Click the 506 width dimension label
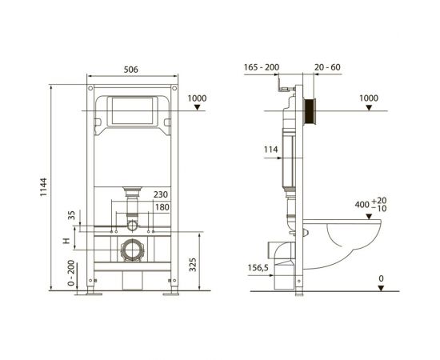pyautogui.click(x=131, y=70)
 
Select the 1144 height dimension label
pyautogui.click(x=43, y=187)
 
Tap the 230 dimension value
pyautogui.click(x=161, y=194)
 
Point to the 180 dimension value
pyautogui.click(x=162, y=207)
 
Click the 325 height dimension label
pyautogui.click(x=193, y=265)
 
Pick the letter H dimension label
pyautogui.click(x=66, y=241)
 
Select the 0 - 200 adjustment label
pyautogui.click(x=71, y=273)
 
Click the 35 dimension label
pyautogui.click(x=72, y=215)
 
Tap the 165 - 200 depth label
pyautogui.click(x=262, y=67)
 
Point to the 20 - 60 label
pyautogui.click(x=327, y=67)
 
